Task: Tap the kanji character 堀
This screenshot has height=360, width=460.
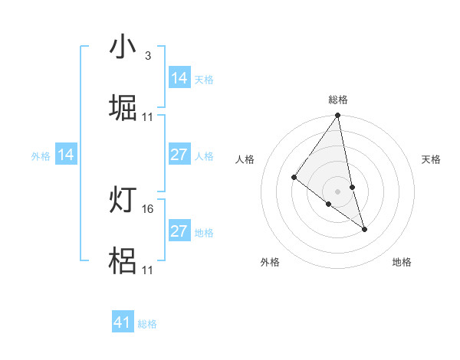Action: [x=123, y=108]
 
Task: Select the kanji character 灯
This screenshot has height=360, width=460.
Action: [x=123, y=201]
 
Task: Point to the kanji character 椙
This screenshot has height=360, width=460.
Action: [x=123, y=261]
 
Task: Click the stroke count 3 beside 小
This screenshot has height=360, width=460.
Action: [x=147, y=56]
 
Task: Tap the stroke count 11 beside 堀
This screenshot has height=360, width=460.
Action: [x=148, y=116]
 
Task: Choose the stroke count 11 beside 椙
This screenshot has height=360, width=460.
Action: [x=148, y=270]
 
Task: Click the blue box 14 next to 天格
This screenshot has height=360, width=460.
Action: [x=179, y=78]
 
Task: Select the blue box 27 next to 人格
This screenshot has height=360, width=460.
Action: [x=179, y=155]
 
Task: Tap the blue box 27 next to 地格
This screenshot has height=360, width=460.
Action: [x=179, y=231]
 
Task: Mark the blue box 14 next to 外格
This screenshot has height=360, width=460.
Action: [x=66, y=155]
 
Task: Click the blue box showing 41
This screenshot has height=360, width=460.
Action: [x=123, y=322]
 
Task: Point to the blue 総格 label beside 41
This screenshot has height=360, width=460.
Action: [x=147, y=324]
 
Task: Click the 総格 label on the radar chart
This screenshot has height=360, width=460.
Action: [x=338, y=100]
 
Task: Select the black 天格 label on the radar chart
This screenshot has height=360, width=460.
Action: [x=432, y=159]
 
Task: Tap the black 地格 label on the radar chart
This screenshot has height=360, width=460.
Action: [x=402, y=263]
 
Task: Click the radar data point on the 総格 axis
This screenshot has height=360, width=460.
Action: [x=338, y=116]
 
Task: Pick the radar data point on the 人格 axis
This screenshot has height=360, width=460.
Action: [x=294, y=177]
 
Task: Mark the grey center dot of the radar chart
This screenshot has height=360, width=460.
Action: [x=338, y=191]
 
